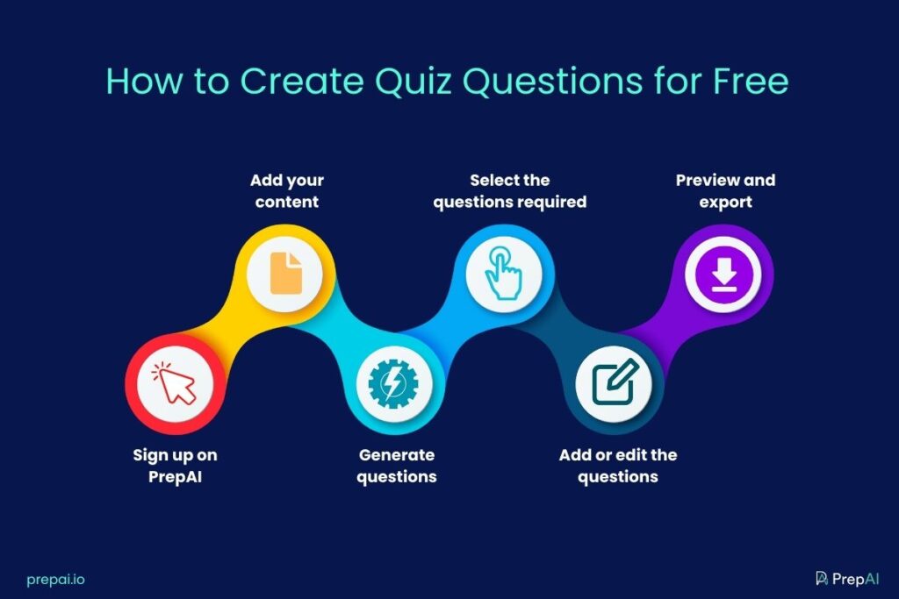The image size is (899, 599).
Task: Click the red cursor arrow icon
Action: point(175,384)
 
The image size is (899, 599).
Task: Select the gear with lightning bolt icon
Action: point(394,384)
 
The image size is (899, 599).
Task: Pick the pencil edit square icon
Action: point(613,384)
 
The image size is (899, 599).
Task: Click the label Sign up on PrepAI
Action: point(175,466)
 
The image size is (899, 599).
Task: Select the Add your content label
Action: point(286,190)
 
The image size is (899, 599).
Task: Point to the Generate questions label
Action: point(396,466)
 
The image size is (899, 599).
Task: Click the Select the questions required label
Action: point(509,190)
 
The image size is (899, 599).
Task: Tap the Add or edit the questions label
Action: point(617,466)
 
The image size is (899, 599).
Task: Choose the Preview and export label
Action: point(725,190)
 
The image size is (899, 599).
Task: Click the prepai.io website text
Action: point(55,579)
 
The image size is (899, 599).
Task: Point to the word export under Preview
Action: point(725,202)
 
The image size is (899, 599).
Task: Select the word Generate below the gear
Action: point(396,455)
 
